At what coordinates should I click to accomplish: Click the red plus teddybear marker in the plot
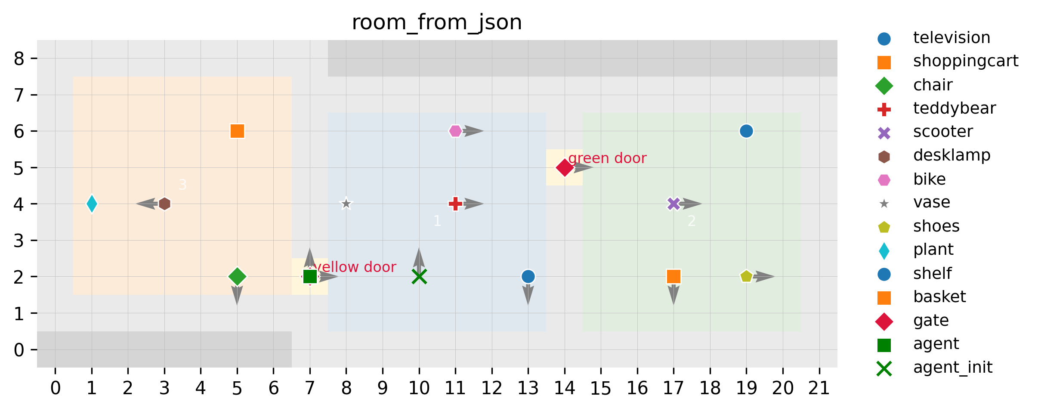[455, 204]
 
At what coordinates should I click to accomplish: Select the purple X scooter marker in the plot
[673, 204]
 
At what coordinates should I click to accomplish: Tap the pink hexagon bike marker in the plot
[455, 131]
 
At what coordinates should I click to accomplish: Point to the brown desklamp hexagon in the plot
[164, 204]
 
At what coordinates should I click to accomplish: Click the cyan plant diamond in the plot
[92, 204]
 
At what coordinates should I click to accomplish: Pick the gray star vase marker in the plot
[346, 204]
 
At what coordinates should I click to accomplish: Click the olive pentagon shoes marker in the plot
[746, 276]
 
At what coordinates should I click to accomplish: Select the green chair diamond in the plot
[237, 276]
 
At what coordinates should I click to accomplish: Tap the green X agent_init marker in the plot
[419, 276]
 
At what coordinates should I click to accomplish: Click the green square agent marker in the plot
[310, 276]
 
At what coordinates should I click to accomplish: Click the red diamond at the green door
[564, 167]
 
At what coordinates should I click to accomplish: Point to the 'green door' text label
[607, 158]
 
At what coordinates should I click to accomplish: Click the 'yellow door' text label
[355, 267]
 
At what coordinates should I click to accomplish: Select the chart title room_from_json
[437, 22]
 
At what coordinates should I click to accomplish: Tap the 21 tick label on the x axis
[819, 389]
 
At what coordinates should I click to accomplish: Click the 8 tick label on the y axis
[19, 59]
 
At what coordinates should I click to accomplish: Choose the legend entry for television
[951, 38]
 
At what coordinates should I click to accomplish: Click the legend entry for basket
[939, 297]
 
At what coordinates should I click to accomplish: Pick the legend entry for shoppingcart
[966, 61]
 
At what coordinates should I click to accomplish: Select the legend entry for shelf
[932, 273]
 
